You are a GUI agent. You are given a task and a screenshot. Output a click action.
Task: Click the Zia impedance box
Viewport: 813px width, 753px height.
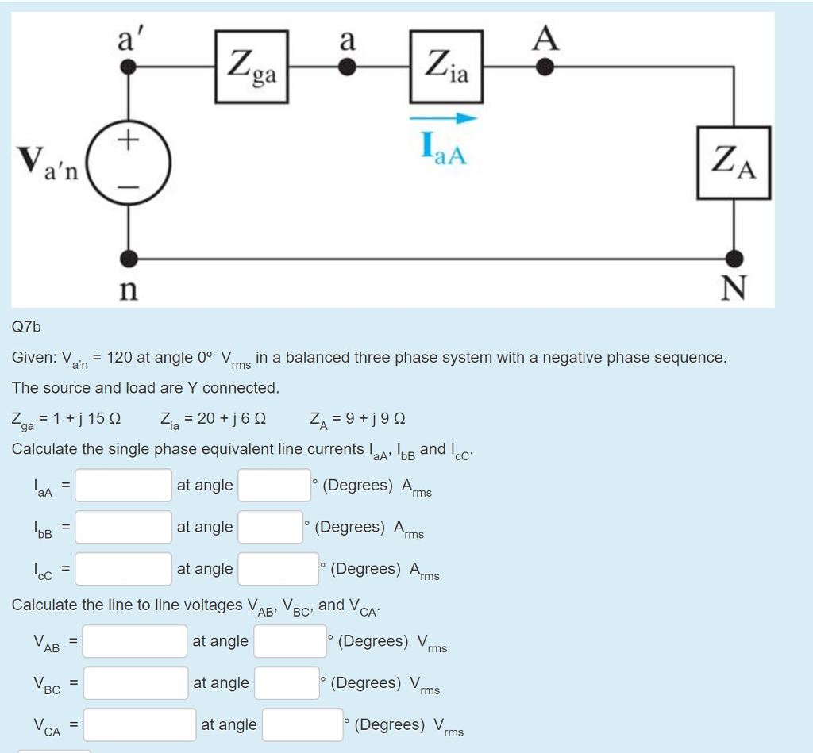point(447,67)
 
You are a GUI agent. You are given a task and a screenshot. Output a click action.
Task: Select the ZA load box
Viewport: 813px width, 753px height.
point(734,163)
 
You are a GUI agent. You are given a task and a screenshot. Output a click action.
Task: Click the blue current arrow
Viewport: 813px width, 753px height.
point(444,118)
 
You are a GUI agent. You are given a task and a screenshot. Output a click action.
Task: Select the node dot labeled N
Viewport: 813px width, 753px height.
point(735,258)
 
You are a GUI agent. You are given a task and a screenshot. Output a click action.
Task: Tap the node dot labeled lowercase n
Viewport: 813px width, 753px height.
point(129,258)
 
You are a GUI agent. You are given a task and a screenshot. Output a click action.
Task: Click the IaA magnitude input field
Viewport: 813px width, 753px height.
point(124,485)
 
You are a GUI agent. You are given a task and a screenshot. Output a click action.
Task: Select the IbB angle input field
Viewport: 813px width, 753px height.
point(270,527)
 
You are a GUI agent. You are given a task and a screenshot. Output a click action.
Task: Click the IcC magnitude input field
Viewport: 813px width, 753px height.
point(124,569)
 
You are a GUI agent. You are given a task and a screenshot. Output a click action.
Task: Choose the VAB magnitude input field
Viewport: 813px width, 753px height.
point(135,641)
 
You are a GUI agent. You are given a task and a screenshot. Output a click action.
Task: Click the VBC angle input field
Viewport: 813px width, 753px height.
point(287,682)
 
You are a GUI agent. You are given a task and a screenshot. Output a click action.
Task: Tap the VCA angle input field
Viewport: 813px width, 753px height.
point(302,724)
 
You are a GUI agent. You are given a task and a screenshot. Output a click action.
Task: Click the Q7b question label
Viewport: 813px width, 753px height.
point(26,326)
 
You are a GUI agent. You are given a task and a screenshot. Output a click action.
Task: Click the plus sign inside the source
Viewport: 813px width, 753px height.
point(129,140)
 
